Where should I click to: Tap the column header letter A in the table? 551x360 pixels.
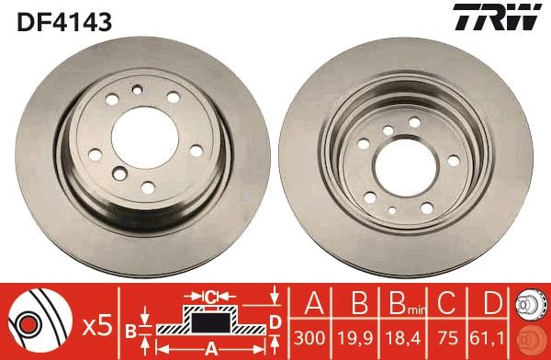coord(312,303)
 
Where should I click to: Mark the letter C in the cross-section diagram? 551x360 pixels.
coord(211,297)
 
